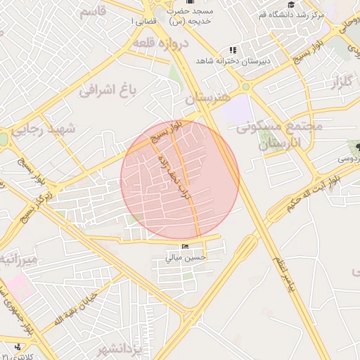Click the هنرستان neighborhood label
point(207,98)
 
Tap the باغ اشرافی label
point(106,89)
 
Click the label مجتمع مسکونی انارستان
point(279,135)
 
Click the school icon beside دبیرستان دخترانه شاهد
point(232,51)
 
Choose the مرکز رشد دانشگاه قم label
point(292,15)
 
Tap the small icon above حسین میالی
point(186,246)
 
